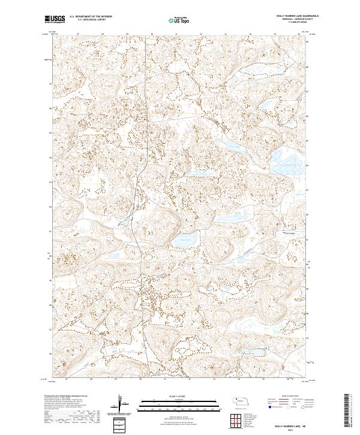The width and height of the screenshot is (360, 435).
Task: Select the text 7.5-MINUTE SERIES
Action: [x=287, y=24]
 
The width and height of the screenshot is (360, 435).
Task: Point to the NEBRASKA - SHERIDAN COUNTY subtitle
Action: [x=287, y=20]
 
